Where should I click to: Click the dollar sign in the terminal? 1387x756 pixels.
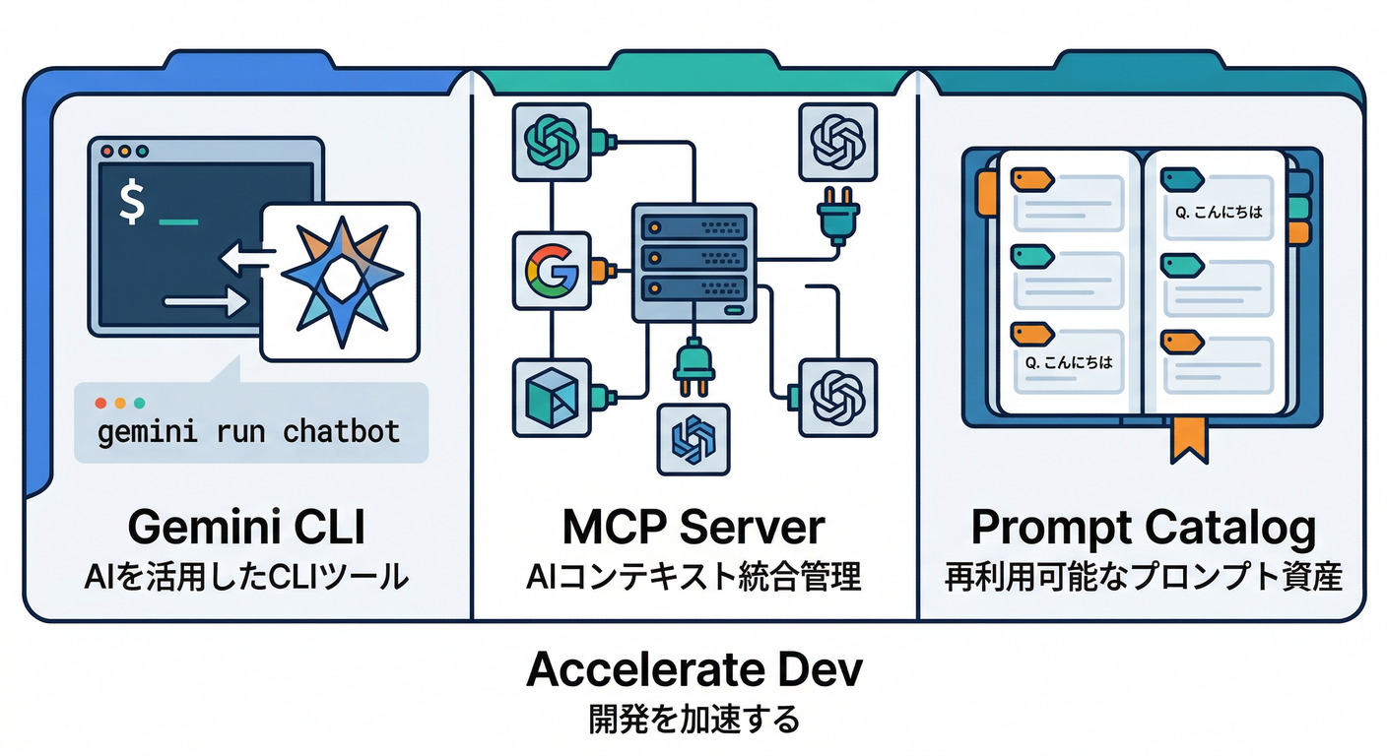click(x=131, y=203)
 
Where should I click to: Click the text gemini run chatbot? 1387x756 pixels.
click(x=249, y=431)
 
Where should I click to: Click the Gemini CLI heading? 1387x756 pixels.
click(x=247, y=528)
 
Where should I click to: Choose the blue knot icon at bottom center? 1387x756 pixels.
click(x=693, y=437)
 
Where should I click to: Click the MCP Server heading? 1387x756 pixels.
click(x=693, y=528)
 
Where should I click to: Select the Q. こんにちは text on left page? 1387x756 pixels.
click(x=1069, y=362)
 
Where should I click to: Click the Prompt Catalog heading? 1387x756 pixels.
click(x=1143, y=528)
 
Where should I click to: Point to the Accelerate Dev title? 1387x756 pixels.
click(x=693, y=670)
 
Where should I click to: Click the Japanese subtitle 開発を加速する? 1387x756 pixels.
click(x=693, y=719)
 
